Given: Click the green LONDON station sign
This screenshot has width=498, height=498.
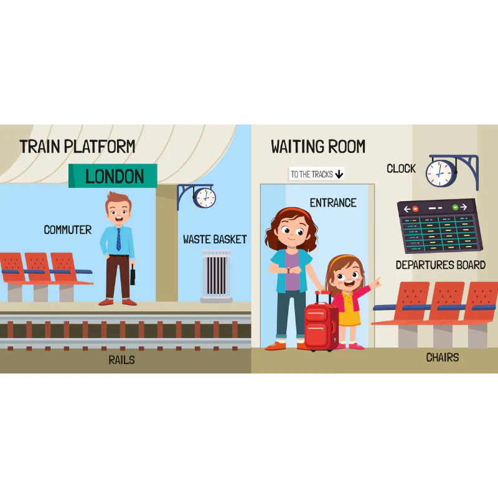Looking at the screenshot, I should [x=114, y=176].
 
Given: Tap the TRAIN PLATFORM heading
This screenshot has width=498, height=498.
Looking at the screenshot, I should [x=77, y=147].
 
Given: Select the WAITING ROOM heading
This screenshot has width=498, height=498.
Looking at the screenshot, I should [x=318, y=148].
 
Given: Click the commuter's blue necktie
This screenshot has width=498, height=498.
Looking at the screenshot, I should [x=118, y=239].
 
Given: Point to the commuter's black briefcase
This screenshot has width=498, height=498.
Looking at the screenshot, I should [x=133, y=274].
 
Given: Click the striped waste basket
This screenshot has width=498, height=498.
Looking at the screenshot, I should [x=216, y=276].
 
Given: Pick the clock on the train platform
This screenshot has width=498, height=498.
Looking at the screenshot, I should [x=204, y=197].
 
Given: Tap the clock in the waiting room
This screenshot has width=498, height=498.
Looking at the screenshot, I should [x=441, y=172].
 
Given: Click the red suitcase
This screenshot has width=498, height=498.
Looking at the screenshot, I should [x=321, y=322].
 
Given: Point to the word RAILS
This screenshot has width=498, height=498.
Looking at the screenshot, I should [x=122, y=359].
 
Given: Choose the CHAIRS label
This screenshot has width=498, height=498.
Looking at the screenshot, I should [x=443, y=357].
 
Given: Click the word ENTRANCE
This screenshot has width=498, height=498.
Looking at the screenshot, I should [x=333, y=202].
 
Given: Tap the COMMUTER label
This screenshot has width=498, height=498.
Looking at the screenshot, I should [x=67, y=230].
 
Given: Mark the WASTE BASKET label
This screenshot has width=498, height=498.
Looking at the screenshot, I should [x=215, y=239].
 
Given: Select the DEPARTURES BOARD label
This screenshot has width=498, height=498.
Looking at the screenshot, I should [x=441, y=265].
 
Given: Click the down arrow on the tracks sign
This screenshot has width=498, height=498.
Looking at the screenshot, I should [x=339, y=174].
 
